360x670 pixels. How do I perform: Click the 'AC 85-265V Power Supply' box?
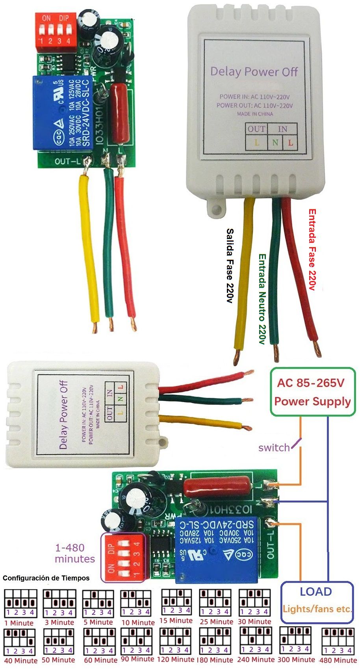[312, 392]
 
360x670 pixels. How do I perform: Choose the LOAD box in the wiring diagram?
[317, 602]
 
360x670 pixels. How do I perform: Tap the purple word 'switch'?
[274, 448]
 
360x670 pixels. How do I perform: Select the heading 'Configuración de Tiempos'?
[46, 578]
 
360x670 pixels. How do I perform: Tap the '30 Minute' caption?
[254, 622]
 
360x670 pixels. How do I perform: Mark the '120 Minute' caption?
[176, 659]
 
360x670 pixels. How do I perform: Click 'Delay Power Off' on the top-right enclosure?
[254, 72]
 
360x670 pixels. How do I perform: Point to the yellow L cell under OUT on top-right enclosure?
[257, 143]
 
